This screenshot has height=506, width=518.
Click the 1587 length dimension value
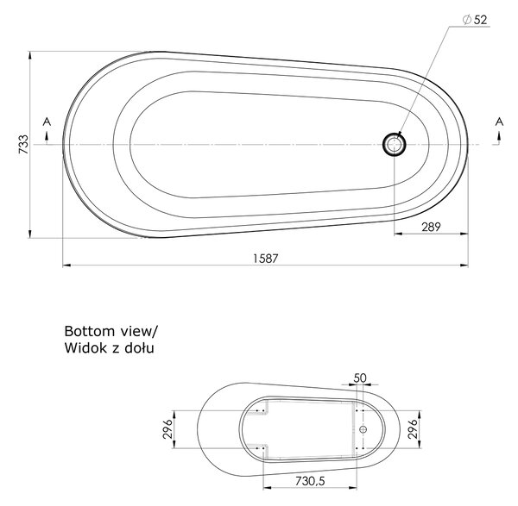(x=266, y=259)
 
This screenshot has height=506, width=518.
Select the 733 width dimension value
(x=24, y=144)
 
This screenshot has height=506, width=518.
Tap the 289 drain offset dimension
(x=431, y=227)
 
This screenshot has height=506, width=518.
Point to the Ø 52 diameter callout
(x=475, y=20)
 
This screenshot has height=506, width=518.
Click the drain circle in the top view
(x=395, y=145)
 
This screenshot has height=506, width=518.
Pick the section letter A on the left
(x=47, y=122)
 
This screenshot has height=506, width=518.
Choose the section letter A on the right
(x=499, y=122)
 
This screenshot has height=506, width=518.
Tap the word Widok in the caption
(x=86, y=348)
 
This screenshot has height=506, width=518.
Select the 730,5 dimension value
(x=310, y=481)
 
